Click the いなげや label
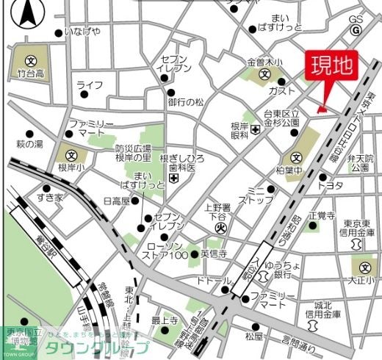pyautogui.click(x=82, y=32)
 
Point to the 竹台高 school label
pyautogui.click(x=30, y=73)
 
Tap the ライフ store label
pyautogui.click(x=89, y=85)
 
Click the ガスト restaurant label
pyautogui.click(x=282, y=90)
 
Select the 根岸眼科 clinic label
pyautogui.click(x=239, y=131)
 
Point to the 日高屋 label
pyautogui.click(x=116, y=200)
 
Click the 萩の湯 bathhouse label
pyautogui.click(x=30, y=143)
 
